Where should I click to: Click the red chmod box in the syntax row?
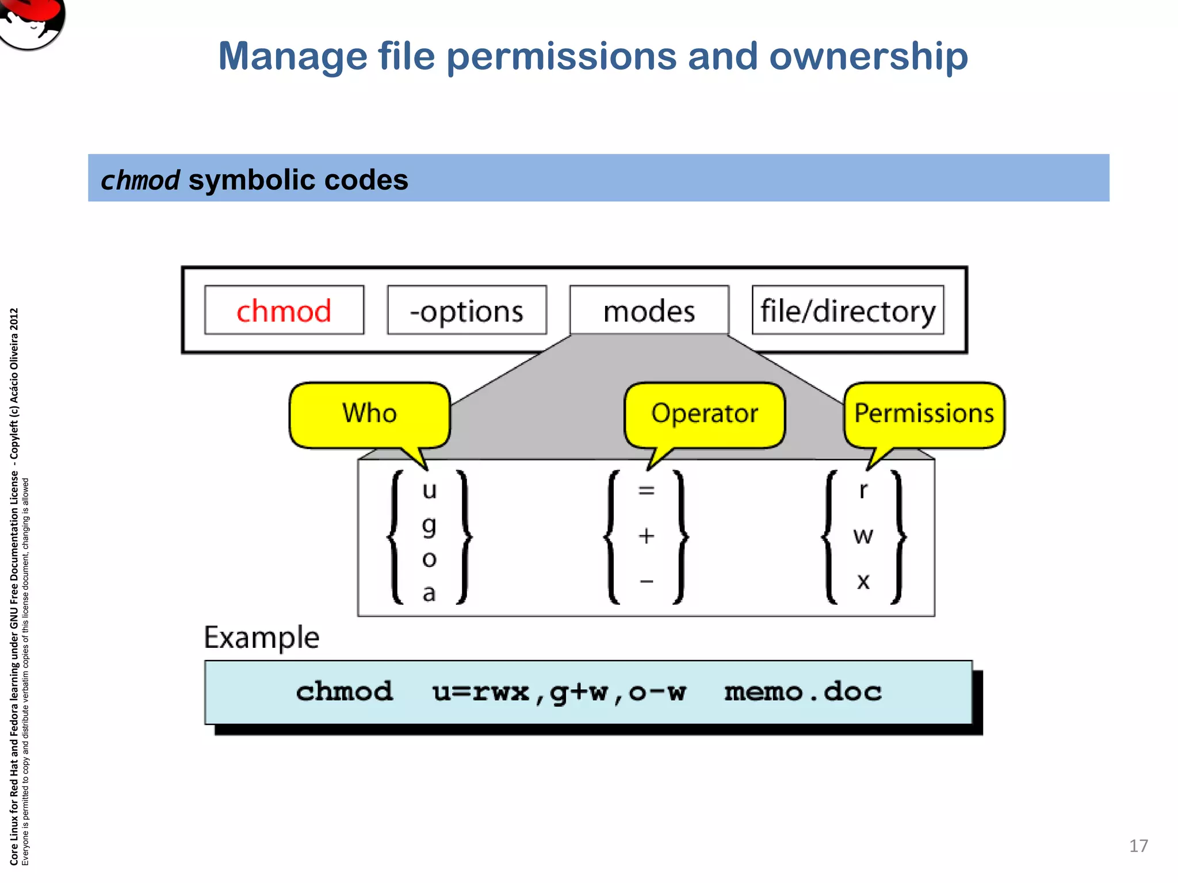pos(284,310)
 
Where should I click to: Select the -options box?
pos(466,310)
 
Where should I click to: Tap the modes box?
pos(649,310)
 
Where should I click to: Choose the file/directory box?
pos(848,310)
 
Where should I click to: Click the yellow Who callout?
pos(369,414)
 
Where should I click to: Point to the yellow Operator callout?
pos(705,414)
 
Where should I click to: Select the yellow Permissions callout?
pos(924,414)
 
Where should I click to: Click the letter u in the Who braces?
pos(429,490)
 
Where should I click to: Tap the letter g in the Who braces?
pos(429,525)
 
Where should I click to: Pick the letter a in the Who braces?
pos(429,593)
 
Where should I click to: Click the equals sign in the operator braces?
pos(647,490)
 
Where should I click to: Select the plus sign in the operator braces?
pos(647,536)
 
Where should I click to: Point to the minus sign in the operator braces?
pos(647,581)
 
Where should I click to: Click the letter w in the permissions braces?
pos(863,536)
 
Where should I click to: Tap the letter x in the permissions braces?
pos(863,581)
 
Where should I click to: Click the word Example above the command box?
pos(262,638)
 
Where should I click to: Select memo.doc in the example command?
pos(802,692)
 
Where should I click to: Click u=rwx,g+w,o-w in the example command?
pos(559,692)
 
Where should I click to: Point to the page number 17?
pos(1138,846)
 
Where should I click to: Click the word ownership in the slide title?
pos(868,56)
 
